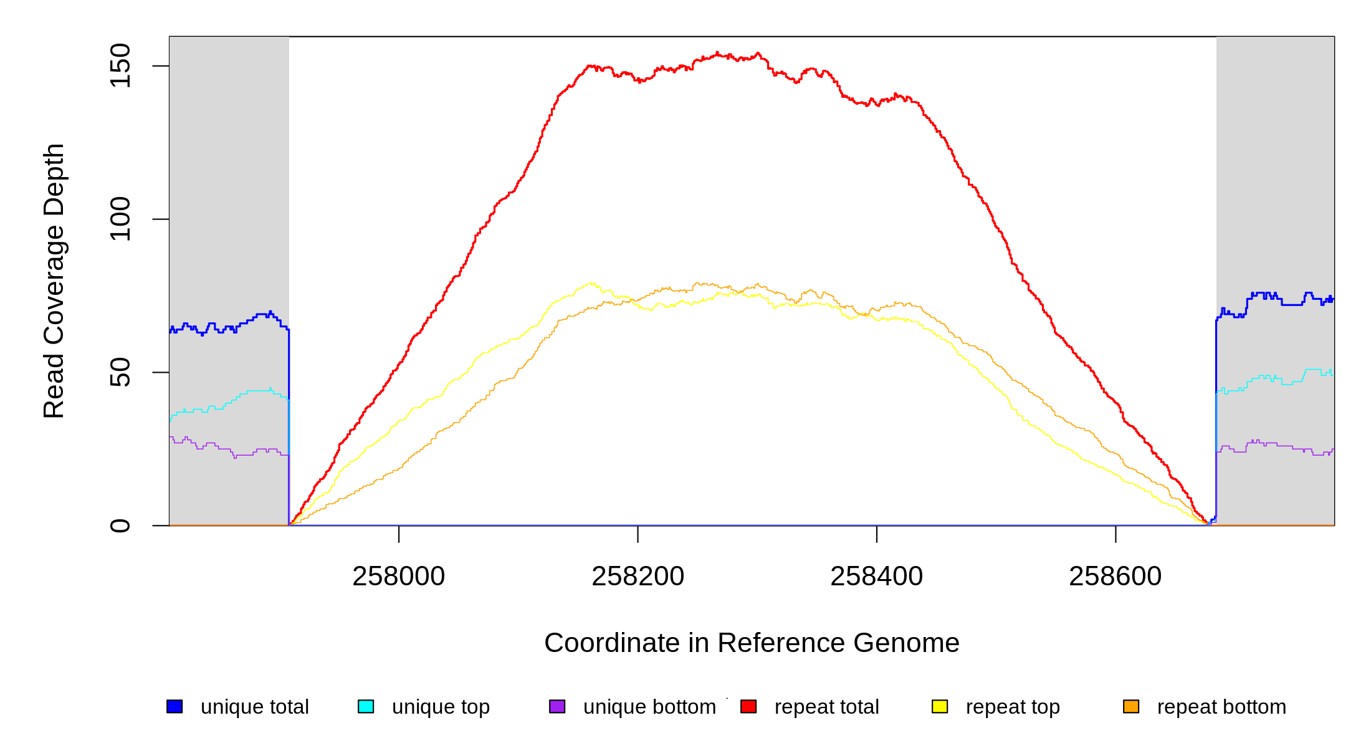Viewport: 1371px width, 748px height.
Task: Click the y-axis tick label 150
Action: [120, 65]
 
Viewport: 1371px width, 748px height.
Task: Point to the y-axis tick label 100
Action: [120, 219]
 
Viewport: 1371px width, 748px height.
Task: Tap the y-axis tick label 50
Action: [120, 372]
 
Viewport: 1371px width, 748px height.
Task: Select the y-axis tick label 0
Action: [120, 525]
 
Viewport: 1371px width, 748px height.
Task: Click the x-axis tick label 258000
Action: [399, 577]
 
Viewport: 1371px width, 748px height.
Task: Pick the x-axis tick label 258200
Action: [638, 577]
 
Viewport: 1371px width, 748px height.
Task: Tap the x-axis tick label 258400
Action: [876, 577]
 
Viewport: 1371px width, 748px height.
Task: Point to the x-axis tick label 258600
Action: [1115, 577]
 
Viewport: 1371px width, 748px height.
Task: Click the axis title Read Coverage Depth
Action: [54, 280]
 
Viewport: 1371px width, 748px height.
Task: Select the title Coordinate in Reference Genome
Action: [752, 643]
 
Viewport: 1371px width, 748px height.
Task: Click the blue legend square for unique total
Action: [174, 706]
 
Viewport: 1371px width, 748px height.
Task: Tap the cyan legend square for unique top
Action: [366, 706]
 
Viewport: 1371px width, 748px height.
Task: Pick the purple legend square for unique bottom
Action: [557, 706]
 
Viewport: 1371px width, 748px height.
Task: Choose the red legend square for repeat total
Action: [748, 706]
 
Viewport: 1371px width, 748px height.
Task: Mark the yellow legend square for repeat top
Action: [940, 706]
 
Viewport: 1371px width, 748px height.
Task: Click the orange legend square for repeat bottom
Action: [1131, 706]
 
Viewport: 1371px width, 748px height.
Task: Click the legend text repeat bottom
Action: [1221, 707]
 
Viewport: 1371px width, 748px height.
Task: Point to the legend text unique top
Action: [441, 707]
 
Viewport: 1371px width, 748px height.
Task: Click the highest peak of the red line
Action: [717, 53]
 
